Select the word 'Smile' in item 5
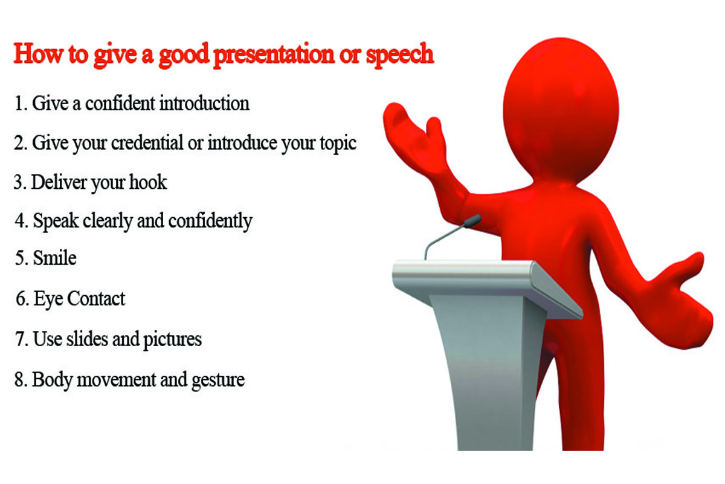tap(54, 258)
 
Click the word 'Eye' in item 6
tap(47, 298)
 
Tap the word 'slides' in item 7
tap(87, 339)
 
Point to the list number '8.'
tap(21, 380)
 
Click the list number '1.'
tap(21, 103)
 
